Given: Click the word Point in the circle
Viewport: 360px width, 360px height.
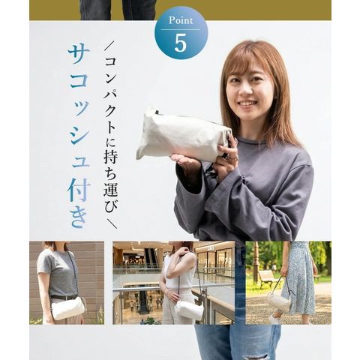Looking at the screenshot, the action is (x=181, y=20).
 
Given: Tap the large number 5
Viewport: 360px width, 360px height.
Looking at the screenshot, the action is (x=181, y=43).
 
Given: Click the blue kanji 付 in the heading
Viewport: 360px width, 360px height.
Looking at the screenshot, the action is (x=79, y=190).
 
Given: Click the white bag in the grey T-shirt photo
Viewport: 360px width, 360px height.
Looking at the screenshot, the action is (x=68, y=308).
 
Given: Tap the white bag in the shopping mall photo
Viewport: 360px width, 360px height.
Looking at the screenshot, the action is (x=189, y=310).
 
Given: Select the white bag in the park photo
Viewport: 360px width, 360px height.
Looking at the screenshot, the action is (x=278, y=302).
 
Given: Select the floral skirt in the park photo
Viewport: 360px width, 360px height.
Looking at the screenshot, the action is (x=299, y=277).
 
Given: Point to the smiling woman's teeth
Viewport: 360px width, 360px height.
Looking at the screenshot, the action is (x=246, y=103).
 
